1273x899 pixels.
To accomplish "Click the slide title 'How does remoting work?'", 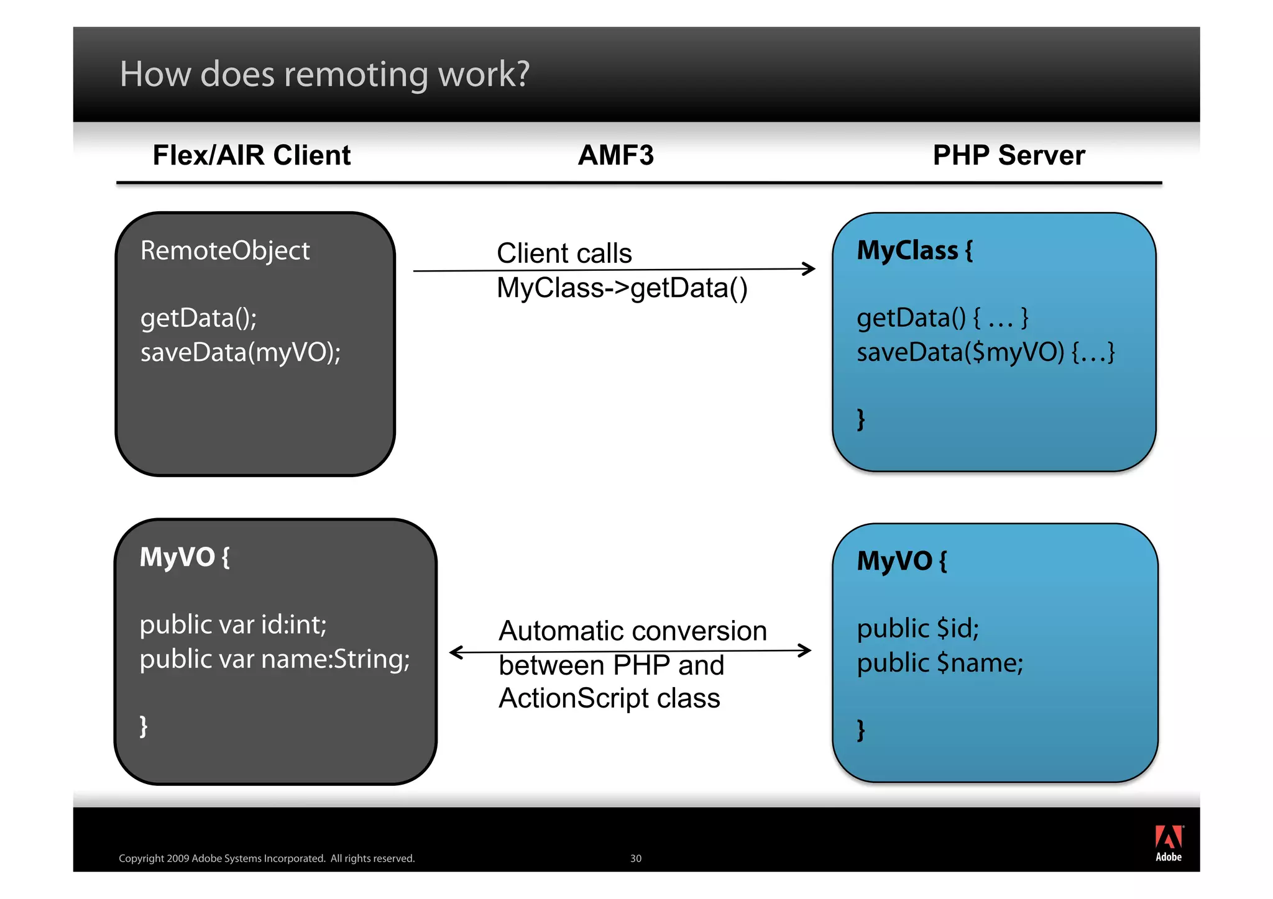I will click(x=324, y=74).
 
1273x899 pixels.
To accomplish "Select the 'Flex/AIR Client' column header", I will click(x=252, y=155).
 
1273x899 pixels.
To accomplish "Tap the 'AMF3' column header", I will click(x=615, y=155).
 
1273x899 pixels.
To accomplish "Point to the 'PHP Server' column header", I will click(x=1008, y=155).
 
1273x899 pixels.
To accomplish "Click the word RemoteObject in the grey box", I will click(x=225, y=251).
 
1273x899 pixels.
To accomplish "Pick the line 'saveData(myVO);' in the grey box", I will click(x=241, y=353).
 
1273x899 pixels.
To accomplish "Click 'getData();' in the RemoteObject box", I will click(x=198, y=318).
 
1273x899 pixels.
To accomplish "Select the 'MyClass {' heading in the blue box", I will click(x=914, y=251).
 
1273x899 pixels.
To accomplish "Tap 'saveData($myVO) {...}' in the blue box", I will click(x=985, y=353).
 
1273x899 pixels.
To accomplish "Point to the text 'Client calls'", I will click(x=564, y=253).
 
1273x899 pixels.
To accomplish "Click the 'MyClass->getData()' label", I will click(x=622, y=288).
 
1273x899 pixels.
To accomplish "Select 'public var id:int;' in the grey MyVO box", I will click(x=233, y=625).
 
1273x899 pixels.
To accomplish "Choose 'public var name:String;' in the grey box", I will click(x=275, y=659).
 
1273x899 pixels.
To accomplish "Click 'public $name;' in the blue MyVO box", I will click(x=940, y=663).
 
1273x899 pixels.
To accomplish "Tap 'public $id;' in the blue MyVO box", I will click(x=917, y=629).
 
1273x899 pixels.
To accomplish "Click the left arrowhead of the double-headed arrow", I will click(x=456, y=652).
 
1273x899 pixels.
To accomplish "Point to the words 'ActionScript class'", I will click(x=609, y=698).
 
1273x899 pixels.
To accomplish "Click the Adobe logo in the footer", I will click(x=1169, y=843).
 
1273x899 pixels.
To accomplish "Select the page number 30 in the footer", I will click(x=635, y=859).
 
